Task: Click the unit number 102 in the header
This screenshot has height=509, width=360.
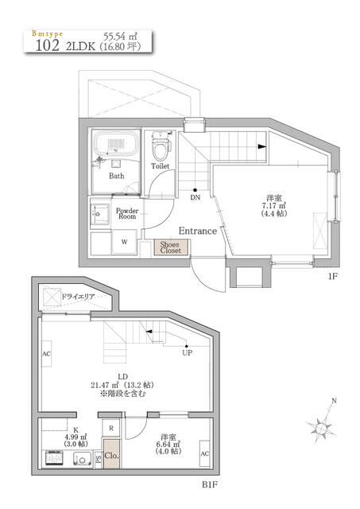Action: [x=47, y=46]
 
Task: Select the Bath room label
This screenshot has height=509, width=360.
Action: [x=117, y=176]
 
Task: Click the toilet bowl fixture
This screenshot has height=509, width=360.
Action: [x=161, y=148]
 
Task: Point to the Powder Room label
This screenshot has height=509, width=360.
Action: [x=127, y=214]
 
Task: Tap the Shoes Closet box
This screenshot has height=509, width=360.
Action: [x=169, y=247]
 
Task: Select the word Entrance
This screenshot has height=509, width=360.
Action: [x=198, y=231]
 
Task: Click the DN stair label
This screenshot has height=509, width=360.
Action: [x=195, y=198]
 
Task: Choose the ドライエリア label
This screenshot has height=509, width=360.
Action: [x=78, y=297]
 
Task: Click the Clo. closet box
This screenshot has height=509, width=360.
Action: [x=111, y=457]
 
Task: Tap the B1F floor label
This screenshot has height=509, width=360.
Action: [x=211, y=483]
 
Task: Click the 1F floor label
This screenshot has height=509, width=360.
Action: [x=335, y=278]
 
